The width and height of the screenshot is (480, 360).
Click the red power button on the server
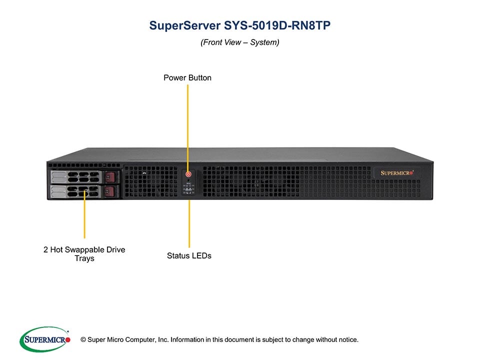188,174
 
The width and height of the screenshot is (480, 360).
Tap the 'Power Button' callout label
187,77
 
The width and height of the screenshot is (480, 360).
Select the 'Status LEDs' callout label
189,255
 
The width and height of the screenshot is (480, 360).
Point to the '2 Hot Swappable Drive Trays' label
84,253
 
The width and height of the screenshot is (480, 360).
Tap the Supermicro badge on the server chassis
397,172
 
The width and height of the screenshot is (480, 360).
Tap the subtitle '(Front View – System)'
240,42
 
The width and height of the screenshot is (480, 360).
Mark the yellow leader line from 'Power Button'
187,125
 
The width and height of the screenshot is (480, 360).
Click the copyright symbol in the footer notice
76,340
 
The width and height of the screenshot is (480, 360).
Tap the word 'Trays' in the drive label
84,258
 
